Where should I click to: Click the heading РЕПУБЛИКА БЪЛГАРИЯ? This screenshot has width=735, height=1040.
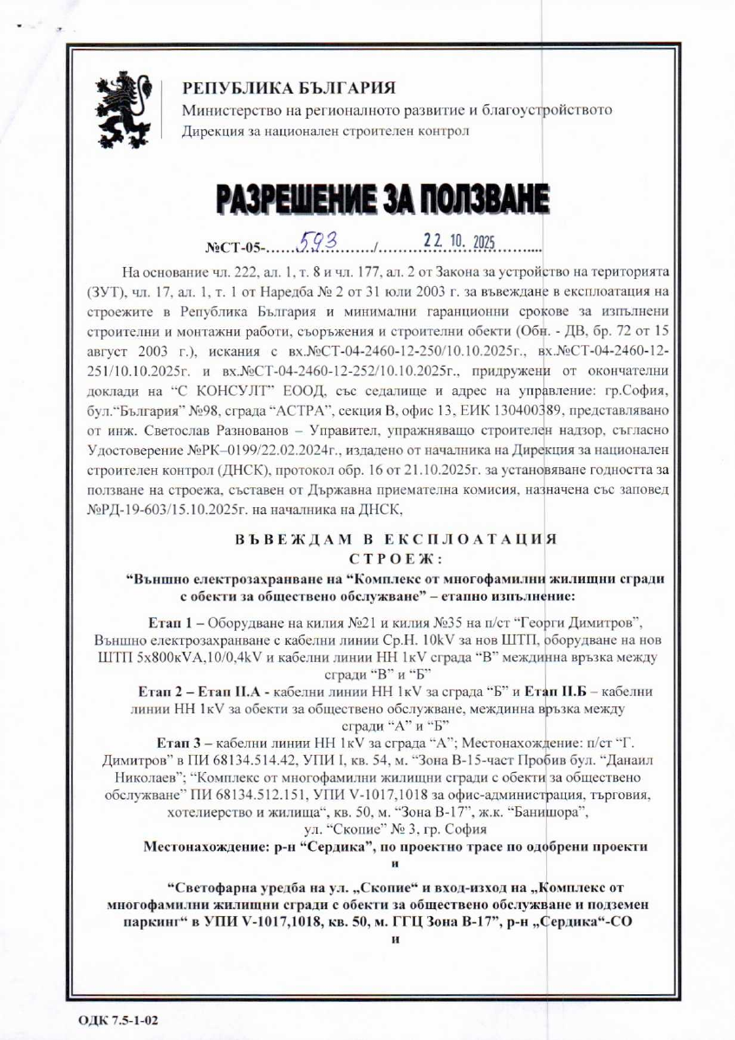(289, 88)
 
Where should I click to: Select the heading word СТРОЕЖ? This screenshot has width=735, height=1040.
(394, 556)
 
